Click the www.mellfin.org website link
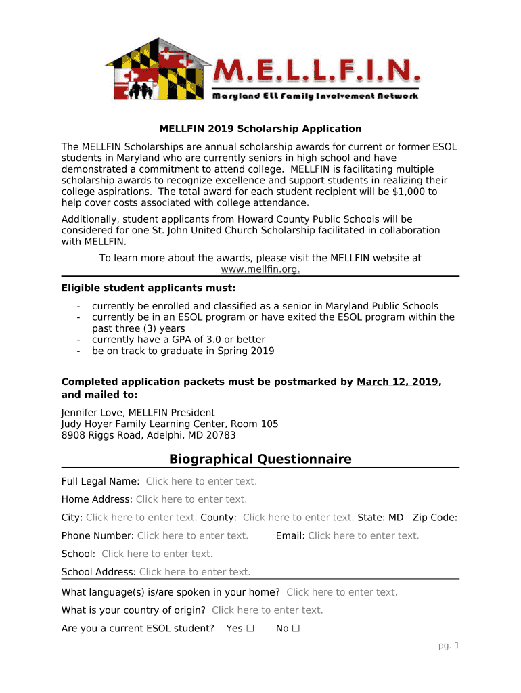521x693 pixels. (260, 269)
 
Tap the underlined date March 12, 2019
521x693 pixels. (397, 382)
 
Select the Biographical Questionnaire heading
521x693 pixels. (260, 460)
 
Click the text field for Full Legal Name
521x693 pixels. (201, 481)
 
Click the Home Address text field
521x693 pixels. (191, 499)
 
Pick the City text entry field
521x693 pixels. (141, 518)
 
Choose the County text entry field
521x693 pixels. (298, 518)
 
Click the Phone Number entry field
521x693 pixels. (192, 535)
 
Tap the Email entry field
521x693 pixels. (363, 535)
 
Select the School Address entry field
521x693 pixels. (195, 572)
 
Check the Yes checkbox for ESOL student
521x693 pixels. (250, 628)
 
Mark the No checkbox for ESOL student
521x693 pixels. (296, 628)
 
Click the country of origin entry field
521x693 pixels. (267, 610)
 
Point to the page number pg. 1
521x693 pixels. (449, 646)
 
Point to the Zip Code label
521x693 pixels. (434, 518)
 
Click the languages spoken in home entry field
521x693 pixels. (342, 592)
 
